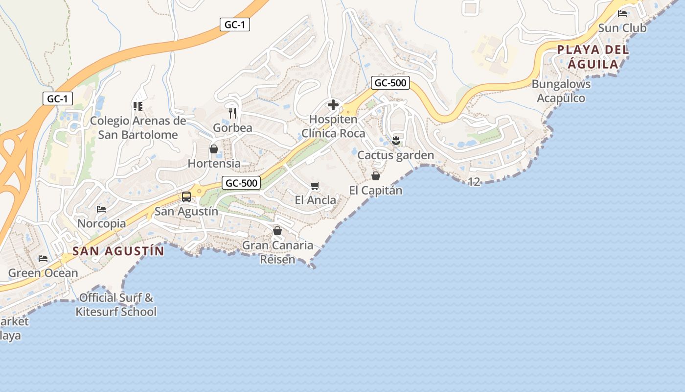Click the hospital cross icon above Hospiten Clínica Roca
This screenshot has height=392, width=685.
click(x=333, y=105)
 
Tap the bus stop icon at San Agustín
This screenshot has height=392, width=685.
click(x=186, y=197)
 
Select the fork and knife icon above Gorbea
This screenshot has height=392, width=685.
click(x=232, y=113)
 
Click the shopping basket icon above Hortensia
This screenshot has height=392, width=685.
click(x=214, y=149)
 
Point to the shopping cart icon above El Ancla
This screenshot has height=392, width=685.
click(x=315, y=186)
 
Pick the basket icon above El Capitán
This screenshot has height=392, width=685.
click(x=376, y=176)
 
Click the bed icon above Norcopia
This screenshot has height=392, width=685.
click(x=101, y=209)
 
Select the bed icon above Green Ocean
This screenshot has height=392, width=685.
click(x=43, y=259)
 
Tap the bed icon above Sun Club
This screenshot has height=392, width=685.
click(x=622, y=14)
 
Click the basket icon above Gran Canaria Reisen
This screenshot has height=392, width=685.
click(x=277, y=231)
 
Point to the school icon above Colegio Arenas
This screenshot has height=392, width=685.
click(x=137, y=106)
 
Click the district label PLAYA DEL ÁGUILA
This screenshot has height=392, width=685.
click(x=593, y=56)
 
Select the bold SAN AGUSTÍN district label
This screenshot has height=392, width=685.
click(x=118, y=251)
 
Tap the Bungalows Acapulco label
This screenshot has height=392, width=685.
click(x=561, y=91)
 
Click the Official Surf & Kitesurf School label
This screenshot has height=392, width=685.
click(x=116, y=304)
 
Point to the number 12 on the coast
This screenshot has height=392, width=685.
click(x=474, y=182)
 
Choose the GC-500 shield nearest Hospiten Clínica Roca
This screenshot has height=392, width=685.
click(x=390, y=83)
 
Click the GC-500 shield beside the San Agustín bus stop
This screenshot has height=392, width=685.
click(x=242, y=183)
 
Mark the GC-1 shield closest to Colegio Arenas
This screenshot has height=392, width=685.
click(x=57, y=98)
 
